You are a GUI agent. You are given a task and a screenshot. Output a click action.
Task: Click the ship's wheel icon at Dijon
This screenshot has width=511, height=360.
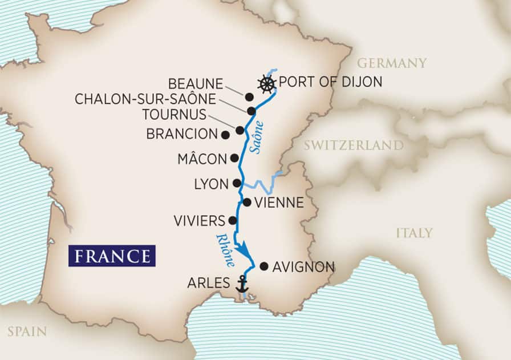(266, 84)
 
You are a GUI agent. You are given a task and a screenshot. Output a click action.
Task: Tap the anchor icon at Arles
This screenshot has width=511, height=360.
(242, 284)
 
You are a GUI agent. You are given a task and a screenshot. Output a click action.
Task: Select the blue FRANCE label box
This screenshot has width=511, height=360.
(112, 255)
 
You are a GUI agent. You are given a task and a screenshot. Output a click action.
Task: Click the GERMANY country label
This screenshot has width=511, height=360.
(392, 63)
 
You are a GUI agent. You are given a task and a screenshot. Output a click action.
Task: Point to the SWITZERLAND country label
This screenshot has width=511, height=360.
(353, 145)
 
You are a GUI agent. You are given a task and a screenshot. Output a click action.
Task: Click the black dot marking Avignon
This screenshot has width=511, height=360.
(263, 266)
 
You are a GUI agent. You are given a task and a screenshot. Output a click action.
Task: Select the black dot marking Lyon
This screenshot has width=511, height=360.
(237, 183)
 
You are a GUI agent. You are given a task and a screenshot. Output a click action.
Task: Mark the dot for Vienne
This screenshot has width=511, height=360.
(247, 202)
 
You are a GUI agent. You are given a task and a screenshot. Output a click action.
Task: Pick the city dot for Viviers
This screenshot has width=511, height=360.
(232, 220)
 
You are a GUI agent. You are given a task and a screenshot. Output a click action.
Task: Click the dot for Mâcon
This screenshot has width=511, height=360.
(234, 158)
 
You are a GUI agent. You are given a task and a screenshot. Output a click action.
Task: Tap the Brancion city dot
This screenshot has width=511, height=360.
(225, 135)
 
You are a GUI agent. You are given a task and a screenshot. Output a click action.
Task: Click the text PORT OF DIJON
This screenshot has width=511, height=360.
(330, 83)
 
